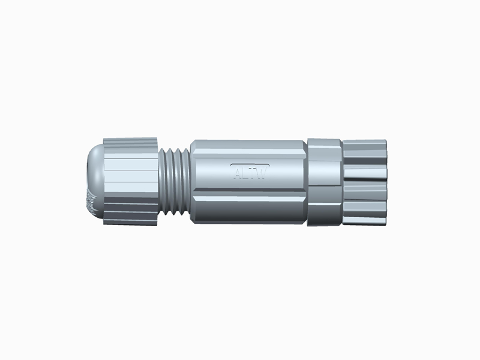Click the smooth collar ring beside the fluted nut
click(324, 182)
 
